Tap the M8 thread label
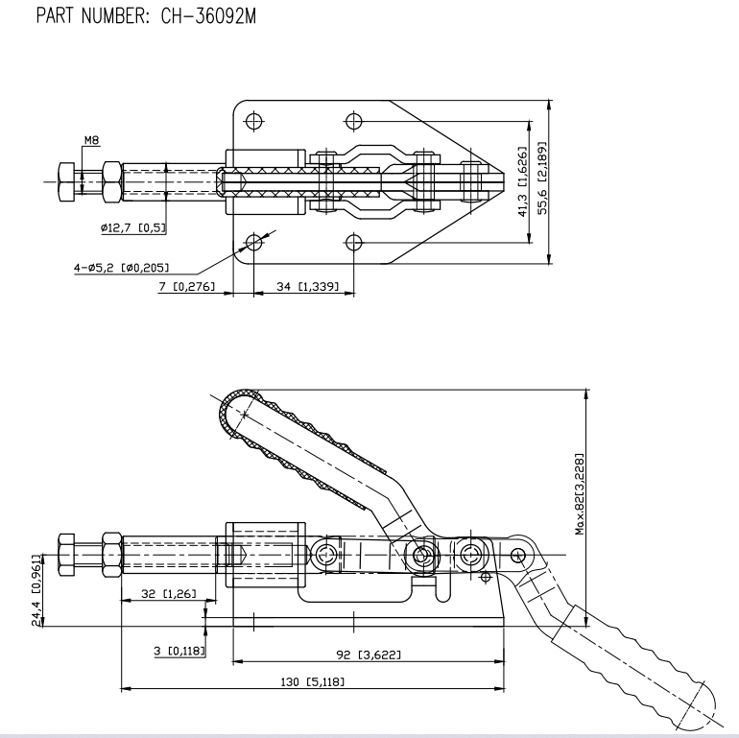point(92,140)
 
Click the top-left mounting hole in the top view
point(254,121)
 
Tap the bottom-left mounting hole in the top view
point(254,241)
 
